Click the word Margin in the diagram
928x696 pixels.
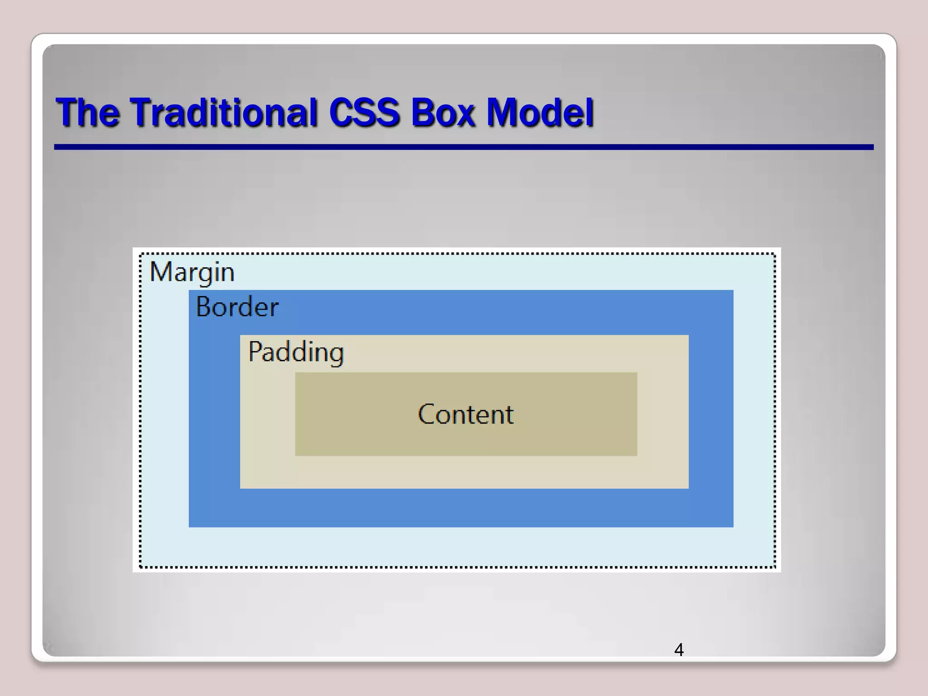(x=192, y=272)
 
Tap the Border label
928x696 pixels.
(x=237, y=307)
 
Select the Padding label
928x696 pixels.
(x=296, y=352)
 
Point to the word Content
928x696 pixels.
(x=466, y=414)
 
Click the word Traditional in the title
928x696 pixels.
(x=223, y=112)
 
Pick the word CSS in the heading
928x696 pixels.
(x=364, y=112)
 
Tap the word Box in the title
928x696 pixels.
(x=443, y=112)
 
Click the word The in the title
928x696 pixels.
(x=88, y=112)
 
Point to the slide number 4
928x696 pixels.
(x=679, y=650)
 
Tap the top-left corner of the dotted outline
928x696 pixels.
(x=141, y=254)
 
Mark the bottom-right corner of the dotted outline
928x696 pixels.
(x=775, y=566)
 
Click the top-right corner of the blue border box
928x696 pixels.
(x=732, y=291)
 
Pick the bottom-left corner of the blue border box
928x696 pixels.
(x=190, y=526)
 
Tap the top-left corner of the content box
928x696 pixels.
(x=296, y=373)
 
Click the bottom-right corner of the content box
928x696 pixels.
(x=636, y=455)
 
